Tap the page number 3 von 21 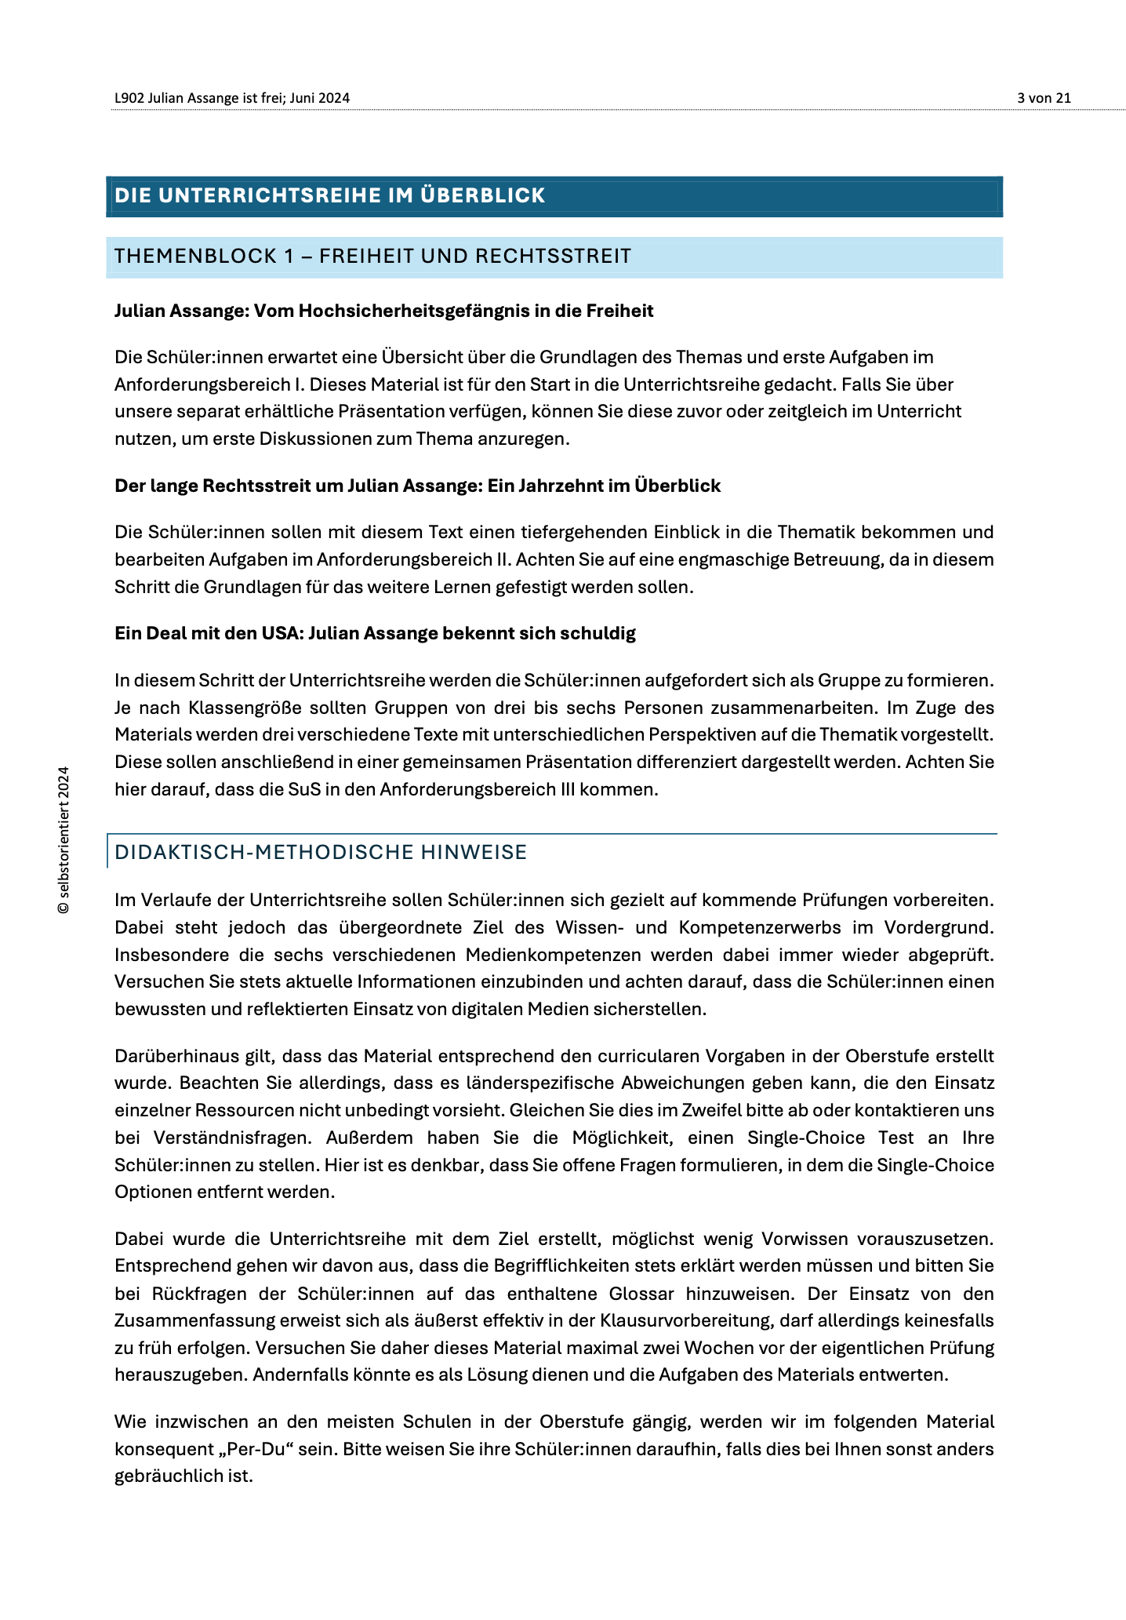(x=1044, y=98)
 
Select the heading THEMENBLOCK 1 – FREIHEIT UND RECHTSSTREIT (x=372, y=256)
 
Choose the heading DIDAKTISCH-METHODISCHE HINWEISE (x=321, y=852)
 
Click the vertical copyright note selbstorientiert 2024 (x=64, y=839)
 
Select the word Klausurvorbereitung (x=685, y=1320)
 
